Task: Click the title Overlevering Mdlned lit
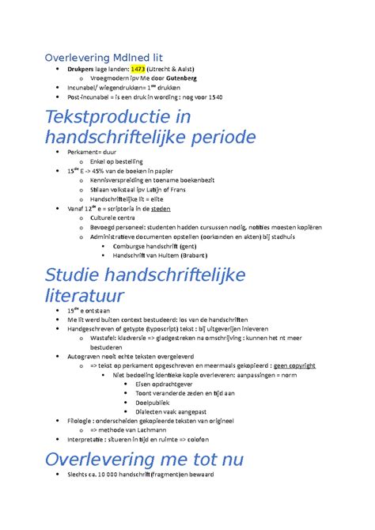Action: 103,57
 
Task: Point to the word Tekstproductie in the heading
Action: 104,116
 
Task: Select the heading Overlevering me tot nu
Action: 144,459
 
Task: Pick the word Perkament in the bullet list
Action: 86,151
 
